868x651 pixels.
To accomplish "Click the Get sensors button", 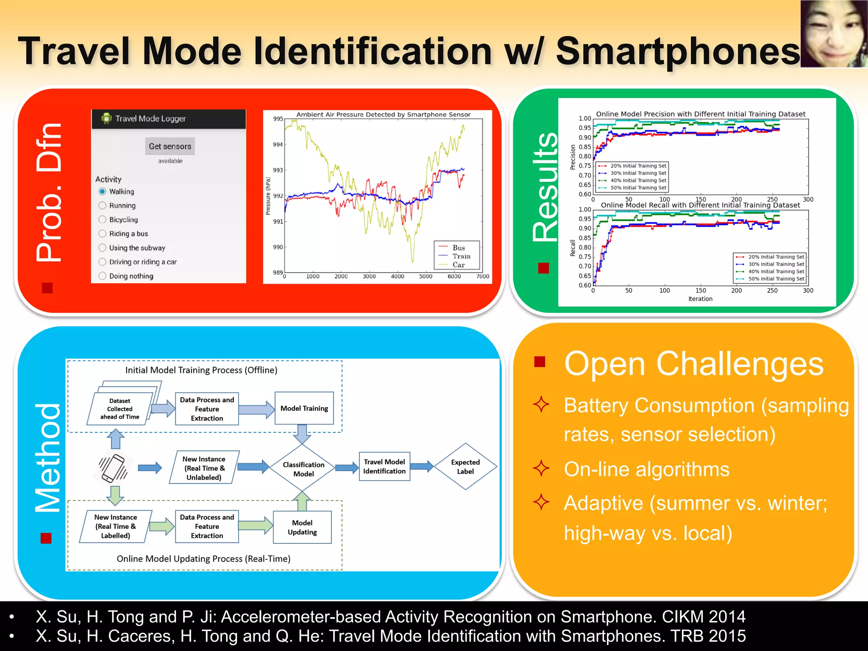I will tap(170, 146).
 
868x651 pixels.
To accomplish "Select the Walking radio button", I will tap(103, 192).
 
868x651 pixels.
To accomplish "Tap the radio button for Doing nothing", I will tap(103, 276).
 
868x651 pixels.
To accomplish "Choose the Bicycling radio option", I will tap(103, 220).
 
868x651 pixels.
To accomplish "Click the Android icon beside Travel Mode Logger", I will tap(106, 118).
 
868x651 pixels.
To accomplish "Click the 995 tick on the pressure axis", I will tap(278, 119).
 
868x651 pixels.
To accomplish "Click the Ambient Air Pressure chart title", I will tap(383, 114).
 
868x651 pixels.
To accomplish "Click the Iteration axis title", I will tap(700, 299).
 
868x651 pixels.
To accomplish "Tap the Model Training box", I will tap(304, 408).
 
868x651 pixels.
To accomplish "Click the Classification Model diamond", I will tap(303, 469).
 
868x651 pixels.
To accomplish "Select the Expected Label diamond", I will tap(465, 467).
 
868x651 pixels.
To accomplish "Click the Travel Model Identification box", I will tap(384, 466).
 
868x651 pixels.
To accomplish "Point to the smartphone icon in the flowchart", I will tap(113, 468).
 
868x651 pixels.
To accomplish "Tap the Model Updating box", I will tap(302, 527).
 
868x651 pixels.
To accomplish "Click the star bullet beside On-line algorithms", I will tap(541, 469).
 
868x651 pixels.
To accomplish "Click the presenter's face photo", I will tap(833, 34).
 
